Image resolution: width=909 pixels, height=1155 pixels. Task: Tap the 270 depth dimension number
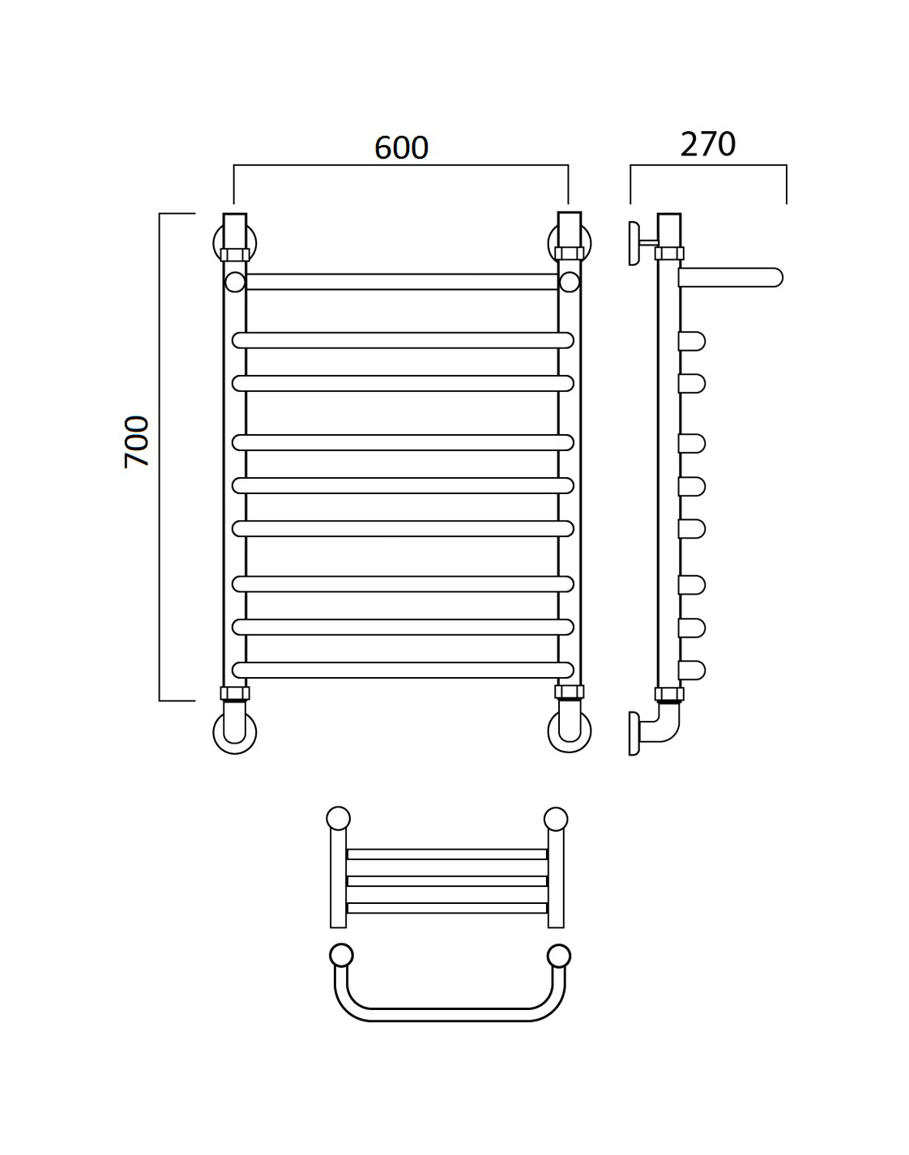[707, 144]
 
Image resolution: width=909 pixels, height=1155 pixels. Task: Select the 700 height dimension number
[136, 441]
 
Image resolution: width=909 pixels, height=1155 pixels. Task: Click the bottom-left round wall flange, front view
[235, 733]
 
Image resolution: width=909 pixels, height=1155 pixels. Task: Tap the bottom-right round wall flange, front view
[570, 733]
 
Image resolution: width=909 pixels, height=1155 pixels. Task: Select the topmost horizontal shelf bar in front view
[402, 282]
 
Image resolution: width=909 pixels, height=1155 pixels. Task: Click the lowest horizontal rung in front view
[403, 670]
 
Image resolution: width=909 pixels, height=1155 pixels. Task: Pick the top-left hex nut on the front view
[235, 254]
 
